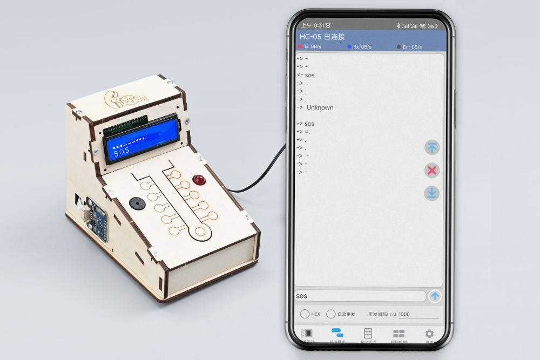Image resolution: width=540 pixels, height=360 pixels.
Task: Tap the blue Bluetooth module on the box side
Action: click(97, 219)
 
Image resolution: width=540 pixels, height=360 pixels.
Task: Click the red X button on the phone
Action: click(431, 171)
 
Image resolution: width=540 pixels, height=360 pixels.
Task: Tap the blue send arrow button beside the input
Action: click(435, 296)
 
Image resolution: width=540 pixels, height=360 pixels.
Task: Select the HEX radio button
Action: click(305, 314)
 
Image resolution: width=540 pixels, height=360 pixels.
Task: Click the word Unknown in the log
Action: click(320, 107)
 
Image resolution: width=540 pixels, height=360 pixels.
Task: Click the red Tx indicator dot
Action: click(300, 47)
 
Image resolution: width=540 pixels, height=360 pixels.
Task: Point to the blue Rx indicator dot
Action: click(349, 47)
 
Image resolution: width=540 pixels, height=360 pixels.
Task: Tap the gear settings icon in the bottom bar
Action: click(429, 334)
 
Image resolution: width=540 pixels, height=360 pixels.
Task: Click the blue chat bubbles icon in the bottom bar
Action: click(337, 334)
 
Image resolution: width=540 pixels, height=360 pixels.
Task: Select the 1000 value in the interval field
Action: click(404, 314)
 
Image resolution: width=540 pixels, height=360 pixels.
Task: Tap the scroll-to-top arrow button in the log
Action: click(431, 147)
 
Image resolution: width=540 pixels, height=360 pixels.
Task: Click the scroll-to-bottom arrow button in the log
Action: click(431, 193)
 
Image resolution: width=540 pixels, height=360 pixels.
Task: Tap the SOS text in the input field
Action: click(301, 296)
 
